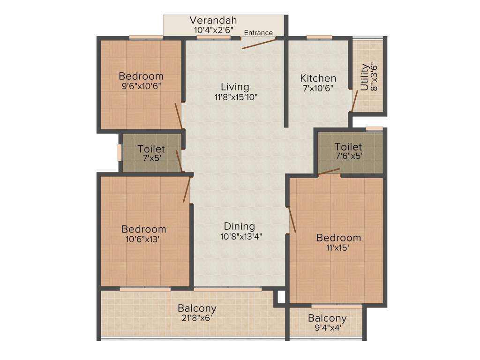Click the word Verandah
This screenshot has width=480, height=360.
click(213, 21)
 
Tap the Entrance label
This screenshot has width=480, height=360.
click(258, 33)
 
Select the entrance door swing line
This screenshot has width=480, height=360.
click(259, 44)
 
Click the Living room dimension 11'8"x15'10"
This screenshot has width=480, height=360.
click(235, 97)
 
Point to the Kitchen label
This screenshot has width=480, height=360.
click(318, 78)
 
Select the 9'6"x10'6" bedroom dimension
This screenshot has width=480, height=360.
click(141, 86)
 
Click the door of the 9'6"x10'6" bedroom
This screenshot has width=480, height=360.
click(178, 116)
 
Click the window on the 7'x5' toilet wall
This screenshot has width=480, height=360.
click(120, 153)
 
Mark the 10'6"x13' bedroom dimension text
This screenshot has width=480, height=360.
click(143, 239)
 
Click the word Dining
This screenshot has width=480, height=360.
click(239, 226)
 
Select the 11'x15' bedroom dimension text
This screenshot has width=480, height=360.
click(338, 247)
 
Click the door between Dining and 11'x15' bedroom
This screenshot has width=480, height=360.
click(292, 220)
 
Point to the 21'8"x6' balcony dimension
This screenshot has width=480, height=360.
click(197, 318)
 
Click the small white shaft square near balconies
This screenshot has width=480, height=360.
click(281, 297)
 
